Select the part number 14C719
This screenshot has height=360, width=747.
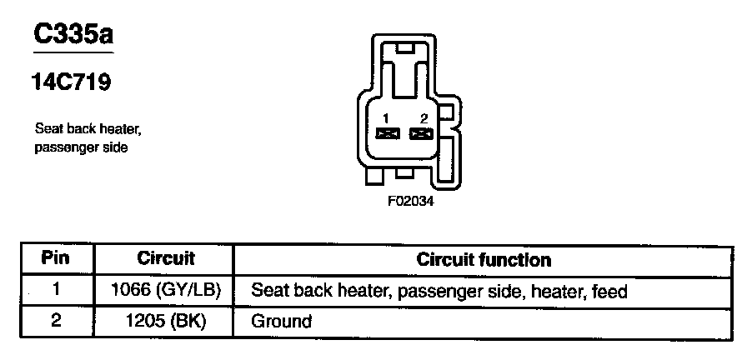[x=72, y=83]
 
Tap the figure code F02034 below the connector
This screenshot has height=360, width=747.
[x=409, y=201]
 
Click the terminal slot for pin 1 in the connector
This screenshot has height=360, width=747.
[x=386, y=133]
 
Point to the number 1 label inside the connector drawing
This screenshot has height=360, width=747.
[x=386, y=118]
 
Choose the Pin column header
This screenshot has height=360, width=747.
[x=56, y=258]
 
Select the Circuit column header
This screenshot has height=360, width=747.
[x=166, y=258]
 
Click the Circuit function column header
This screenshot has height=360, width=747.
[x=484, y=259]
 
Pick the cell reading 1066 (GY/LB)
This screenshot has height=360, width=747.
[x=166, y=291]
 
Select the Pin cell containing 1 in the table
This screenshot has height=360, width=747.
[x=56, y=291]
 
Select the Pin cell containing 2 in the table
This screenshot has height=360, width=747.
[x=56, y=321]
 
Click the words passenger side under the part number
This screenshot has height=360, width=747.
[x=81, y=147]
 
